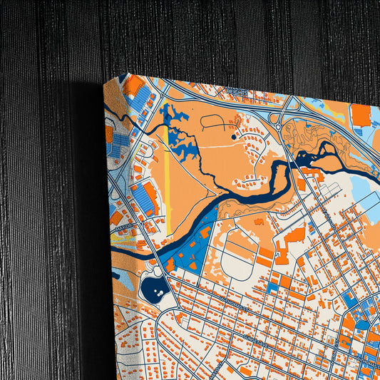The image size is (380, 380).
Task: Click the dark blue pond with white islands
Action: (155, 288)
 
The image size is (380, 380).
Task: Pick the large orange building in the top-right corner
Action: (361, 114)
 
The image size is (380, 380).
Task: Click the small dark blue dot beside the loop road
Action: (235, 136)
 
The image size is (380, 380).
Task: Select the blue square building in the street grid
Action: (273, 287)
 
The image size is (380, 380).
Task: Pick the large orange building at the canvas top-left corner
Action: (133, 86)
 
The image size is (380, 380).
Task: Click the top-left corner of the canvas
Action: (105, 81)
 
